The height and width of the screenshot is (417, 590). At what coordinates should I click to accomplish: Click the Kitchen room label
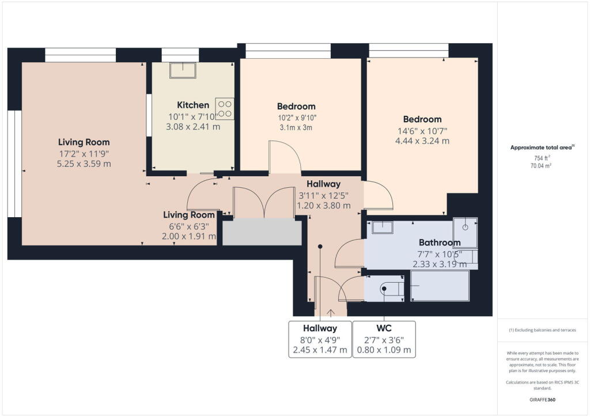click(193, 105)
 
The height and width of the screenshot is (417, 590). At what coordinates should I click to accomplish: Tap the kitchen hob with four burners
click(225, 109)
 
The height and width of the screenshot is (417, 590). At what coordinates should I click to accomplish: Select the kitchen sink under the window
click(183, 70)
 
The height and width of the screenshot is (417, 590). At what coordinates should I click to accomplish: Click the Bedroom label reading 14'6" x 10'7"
click(422, 119)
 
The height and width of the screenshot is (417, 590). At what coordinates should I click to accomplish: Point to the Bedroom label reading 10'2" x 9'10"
click(296, 107)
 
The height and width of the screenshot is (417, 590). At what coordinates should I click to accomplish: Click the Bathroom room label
click(440, 242)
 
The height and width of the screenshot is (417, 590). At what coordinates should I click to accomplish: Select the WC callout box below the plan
click(384, 339)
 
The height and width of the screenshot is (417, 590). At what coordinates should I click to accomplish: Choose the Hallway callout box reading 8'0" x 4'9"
click(320, 339)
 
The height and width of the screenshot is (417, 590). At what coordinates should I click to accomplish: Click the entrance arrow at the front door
click(331, 312)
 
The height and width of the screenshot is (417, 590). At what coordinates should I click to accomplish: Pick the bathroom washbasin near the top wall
click(381, 227)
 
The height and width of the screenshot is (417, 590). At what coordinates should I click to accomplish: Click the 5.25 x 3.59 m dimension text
click(84, 164)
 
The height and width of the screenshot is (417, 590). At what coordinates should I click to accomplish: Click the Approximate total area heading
click(541, 147)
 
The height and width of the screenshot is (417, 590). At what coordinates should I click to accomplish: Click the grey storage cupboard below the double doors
click(262, 232)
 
